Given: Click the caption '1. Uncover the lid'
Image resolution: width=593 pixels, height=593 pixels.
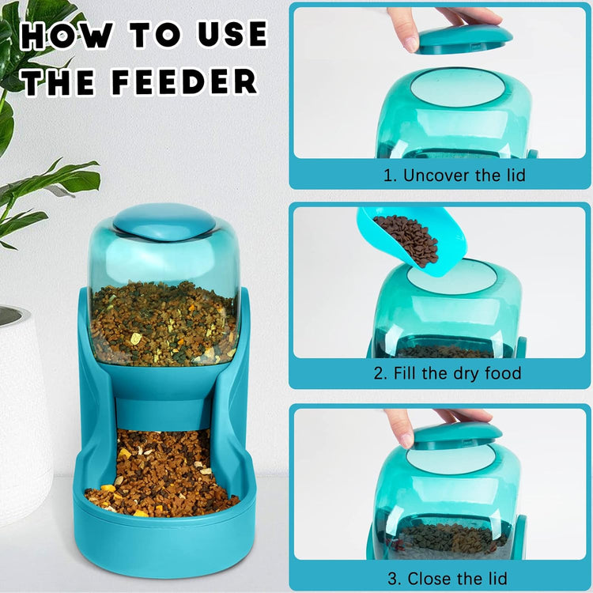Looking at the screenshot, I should tap(454, 176).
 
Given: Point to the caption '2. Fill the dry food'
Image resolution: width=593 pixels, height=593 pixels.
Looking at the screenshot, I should tap(448, 372).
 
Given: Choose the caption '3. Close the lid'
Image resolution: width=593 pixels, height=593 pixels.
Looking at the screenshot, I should tap(448, 578).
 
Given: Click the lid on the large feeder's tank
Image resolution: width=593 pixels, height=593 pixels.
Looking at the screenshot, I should tap(164, 221).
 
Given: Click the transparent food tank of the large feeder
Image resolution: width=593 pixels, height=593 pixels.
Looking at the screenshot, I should tap(164, 300).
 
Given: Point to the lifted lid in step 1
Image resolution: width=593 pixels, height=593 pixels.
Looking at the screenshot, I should tap(464, 37).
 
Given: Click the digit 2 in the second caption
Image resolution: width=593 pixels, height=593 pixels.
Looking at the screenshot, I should tap(379, 372).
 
